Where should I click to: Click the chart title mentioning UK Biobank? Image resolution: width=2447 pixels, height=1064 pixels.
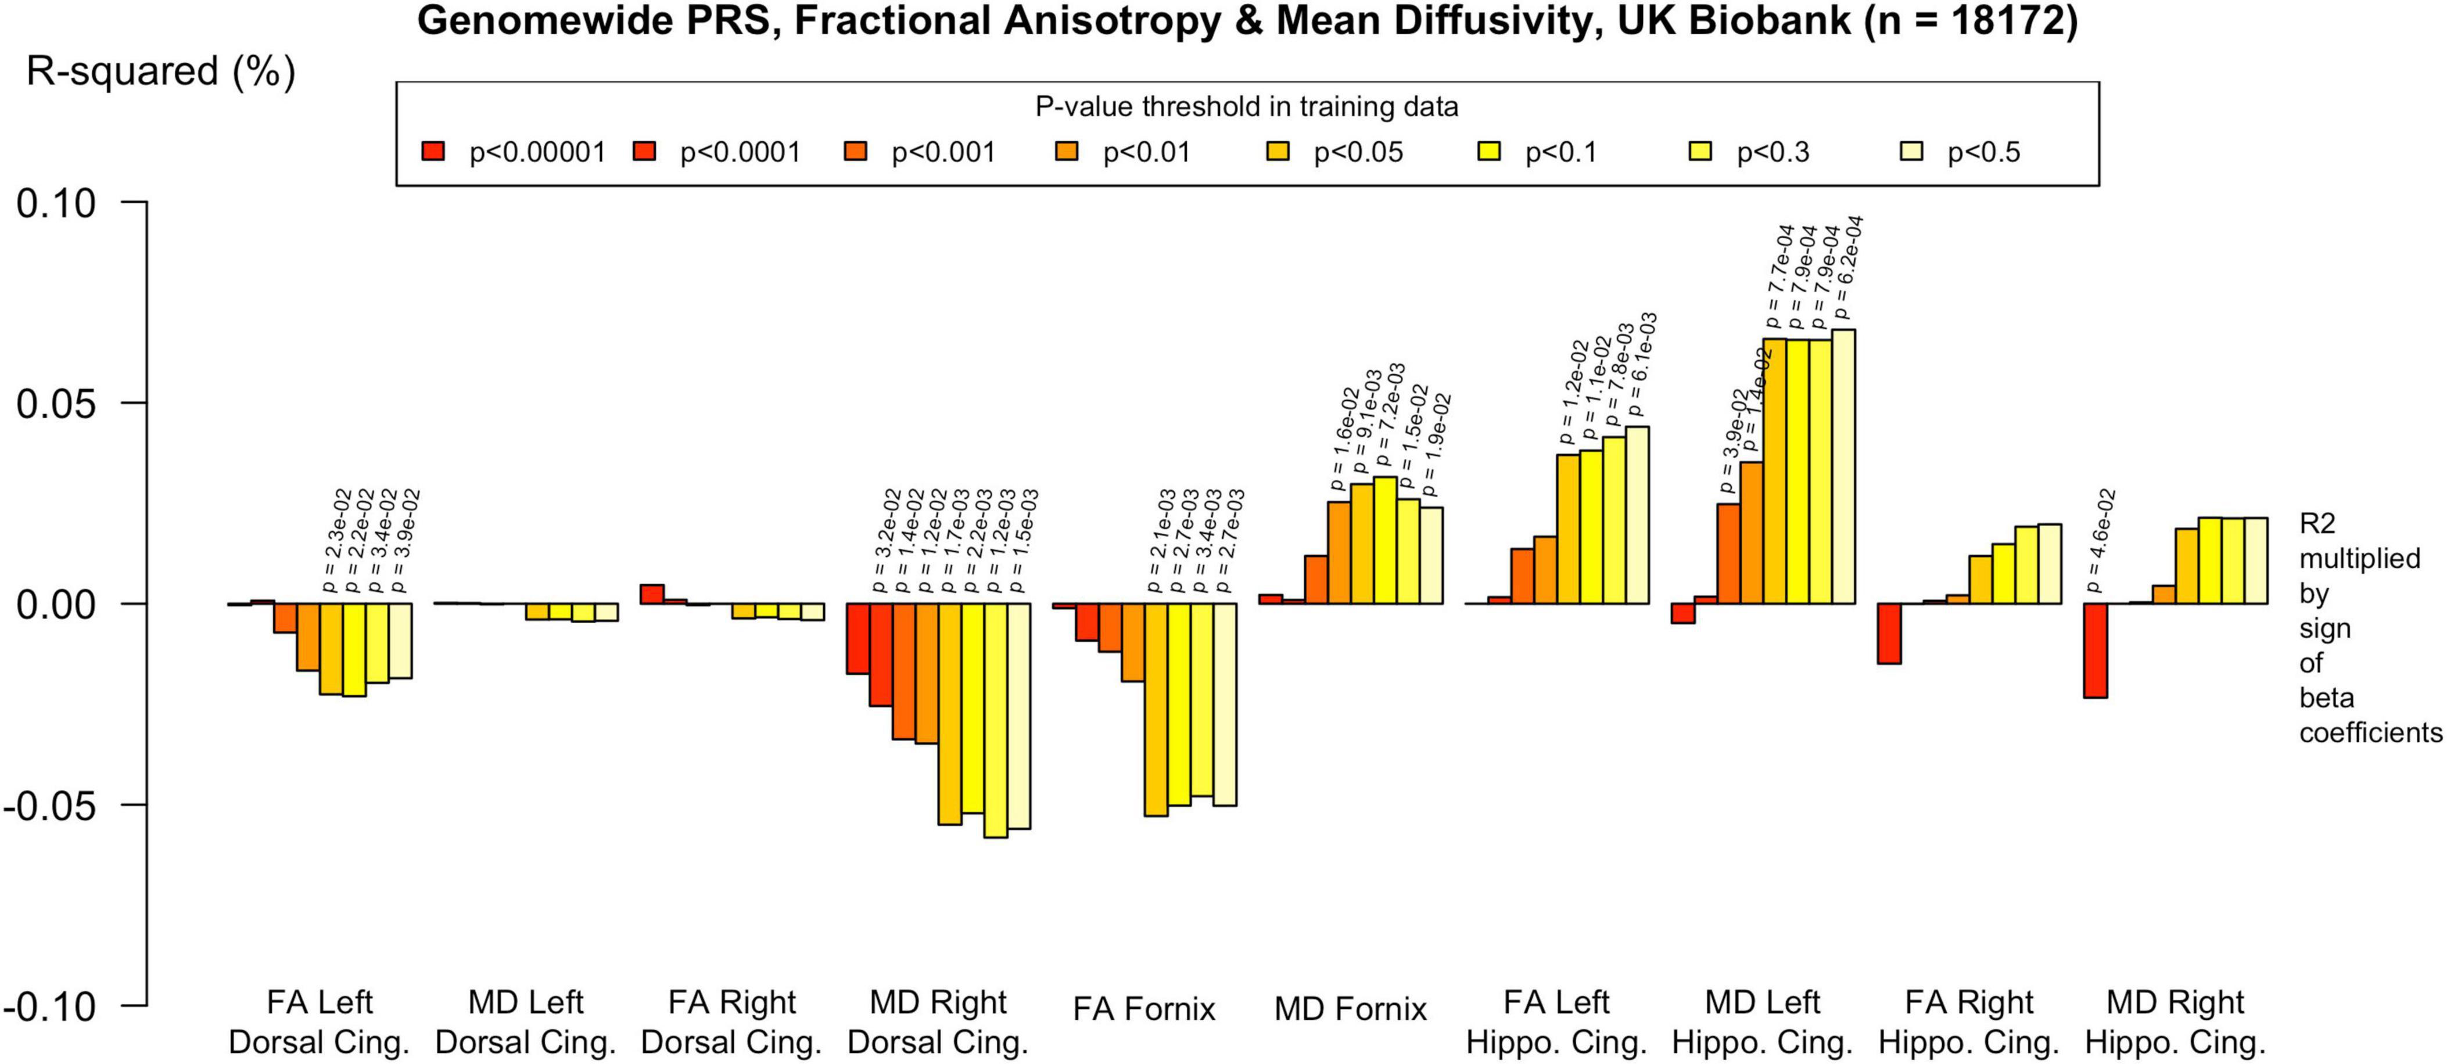[1246, 21]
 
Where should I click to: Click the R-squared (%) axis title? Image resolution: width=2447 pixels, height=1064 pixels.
[160, 72]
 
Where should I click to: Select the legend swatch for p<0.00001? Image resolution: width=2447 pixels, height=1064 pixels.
[433, 151]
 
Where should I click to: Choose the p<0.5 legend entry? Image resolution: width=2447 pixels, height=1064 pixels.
[1983, 153]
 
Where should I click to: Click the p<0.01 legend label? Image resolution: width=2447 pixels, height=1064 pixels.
[1146, 153]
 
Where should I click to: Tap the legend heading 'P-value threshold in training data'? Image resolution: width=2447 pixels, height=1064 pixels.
[1246, 106]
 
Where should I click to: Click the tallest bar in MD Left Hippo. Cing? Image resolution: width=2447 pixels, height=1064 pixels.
[1843, 466]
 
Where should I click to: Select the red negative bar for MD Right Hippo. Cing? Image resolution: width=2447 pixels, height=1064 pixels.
[2096, 650]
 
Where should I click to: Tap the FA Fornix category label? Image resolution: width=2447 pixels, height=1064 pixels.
[1144, 1009]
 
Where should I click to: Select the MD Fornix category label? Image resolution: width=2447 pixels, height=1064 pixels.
[1350, 1009]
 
